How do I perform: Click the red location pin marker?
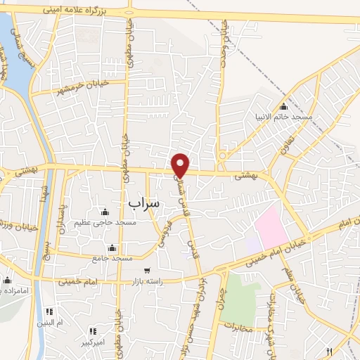181,165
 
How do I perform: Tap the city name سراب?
144,202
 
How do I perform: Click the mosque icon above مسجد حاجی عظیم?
105,212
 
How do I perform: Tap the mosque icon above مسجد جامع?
112,248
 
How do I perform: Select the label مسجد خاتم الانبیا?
285,117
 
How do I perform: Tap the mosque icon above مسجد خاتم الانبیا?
283,106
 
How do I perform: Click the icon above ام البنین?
49,311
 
